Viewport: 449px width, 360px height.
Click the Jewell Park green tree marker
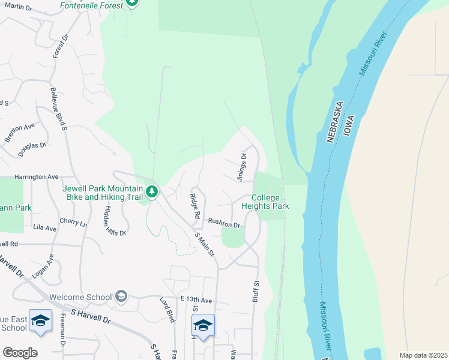152,191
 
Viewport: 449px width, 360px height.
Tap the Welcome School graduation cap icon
121,296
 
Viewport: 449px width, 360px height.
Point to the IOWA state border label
349,127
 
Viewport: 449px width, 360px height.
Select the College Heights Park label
265,202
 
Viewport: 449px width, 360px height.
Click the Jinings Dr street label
242,167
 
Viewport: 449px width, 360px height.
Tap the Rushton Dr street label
224,223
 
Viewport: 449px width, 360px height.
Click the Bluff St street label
256,290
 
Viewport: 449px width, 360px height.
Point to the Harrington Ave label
37,177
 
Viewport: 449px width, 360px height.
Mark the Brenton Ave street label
19,132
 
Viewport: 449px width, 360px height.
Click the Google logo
20,352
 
